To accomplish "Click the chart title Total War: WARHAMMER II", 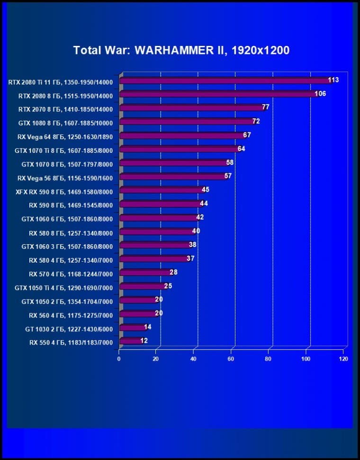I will pyautogui.click(x=181, y=50).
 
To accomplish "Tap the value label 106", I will pyautogui.click(x=320, y=94).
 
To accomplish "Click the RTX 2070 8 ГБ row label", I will pyautogui.click(x=65, y=109).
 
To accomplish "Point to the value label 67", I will pyautogui.click(x=247, y=135).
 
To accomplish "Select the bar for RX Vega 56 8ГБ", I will pyautogui.click(x=172, y=177).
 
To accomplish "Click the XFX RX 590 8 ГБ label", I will pyautogui.click(x=64, y=192).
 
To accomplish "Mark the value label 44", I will pyautogui.click(x=204, y=203).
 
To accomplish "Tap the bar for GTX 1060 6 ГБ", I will pyautogui.click(x=158, y=218).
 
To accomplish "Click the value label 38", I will pyautogui.click(x=192, y=245).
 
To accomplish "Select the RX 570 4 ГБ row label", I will pyautogui.click(x=71, y=273).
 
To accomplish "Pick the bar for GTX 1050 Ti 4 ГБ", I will pyautogui.click(x=143, y=286).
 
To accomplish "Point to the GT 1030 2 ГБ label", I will pyautogui.click(x=69, y=328).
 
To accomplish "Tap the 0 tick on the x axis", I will pyautogui.click(x=119, y=359).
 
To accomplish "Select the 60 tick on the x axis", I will pyautogui.click(x=231, y=359).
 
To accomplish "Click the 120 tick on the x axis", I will pyautogui.click(x=343, y=359).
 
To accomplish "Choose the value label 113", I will pyautogui.click(x=333, y=80).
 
